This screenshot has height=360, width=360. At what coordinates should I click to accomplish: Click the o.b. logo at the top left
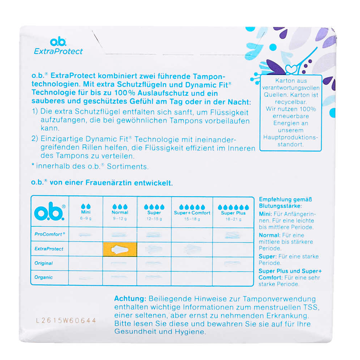click(58, 41)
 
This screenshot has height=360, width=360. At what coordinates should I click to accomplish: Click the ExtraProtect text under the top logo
click(58, 51)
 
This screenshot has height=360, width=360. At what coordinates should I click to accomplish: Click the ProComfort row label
click(50, 234)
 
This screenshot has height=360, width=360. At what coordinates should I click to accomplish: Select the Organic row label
click(44, 277)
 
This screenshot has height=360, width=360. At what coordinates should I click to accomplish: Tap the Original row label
click(44, 263)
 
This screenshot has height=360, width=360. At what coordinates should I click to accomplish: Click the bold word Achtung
click(130, 299)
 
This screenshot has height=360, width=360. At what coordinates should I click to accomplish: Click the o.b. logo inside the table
click(50, 211)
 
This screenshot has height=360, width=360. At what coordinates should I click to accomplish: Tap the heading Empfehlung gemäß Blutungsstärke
click(286, 202)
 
